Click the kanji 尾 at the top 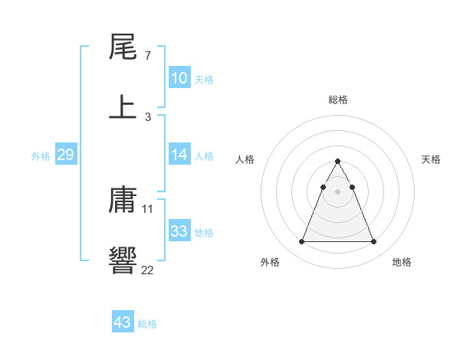(x=123, y=49)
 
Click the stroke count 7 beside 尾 (x=147, y=57)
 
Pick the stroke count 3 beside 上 (x=147, y=116)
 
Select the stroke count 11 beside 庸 (x=149, y=208)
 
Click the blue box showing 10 (x=179, y=78)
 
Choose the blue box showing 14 (x=179, y=155)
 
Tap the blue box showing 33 (x=179, y=231)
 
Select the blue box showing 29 (x=65, y=155)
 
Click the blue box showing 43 (x=122, y=322)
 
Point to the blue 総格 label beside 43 (x=147, y=324)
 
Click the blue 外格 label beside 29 (x=41, y=156)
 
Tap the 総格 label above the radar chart (x=338, y=100)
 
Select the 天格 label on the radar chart (x=432, y=159)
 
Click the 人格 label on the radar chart (x=245, y=159)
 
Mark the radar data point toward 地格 (x=373, y=242)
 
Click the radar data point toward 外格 (x=301, y=242)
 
